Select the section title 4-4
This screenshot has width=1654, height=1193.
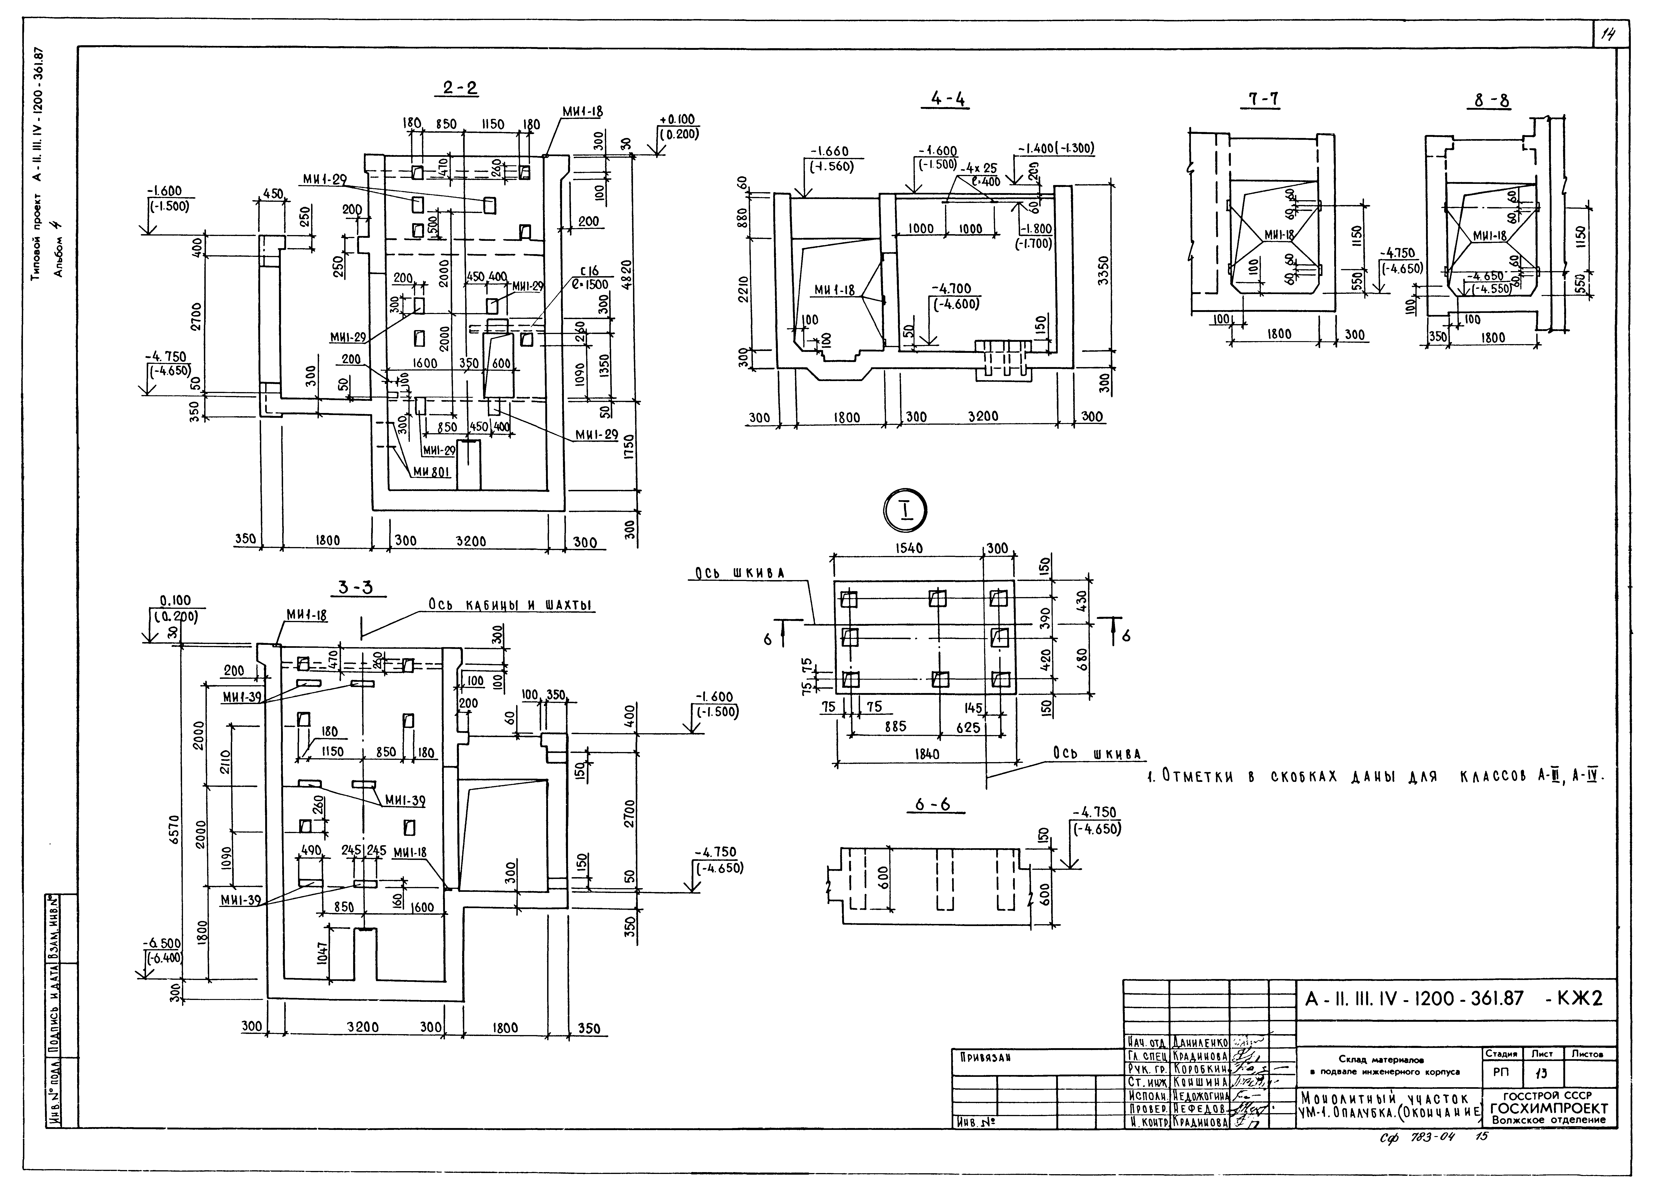click(950, 100)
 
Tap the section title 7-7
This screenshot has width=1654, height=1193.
click(1262, 100)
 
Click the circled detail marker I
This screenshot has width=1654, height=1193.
click(906, 511)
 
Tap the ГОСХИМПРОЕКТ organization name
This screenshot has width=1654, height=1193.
click(1549, 1109)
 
